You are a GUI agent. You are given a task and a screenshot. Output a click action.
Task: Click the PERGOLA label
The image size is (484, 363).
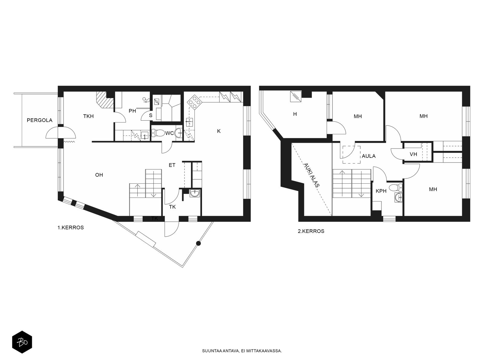tap(39, 120)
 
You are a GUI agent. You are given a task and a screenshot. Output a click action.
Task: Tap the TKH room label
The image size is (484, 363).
tap(88, 116)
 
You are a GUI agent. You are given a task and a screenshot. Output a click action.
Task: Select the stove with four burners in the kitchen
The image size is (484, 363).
tap(194, 102)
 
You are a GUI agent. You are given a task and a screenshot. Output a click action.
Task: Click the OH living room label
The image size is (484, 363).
tap(99, 175)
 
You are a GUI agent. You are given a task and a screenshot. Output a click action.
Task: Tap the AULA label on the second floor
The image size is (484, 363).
tap(369, 156)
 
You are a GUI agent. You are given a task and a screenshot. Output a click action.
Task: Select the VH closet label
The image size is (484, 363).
tap(413, 154)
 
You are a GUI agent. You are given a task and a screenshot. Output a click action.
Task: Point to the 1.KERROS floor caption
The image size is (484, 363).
tap(70, 228)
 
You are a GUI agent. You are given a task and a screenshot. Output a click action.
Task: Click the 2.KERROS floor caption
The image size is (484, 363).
tap(311, 231)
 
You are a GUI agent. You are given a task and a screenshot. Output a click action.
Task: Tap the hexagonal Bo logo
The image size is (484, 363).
tap(22, 342)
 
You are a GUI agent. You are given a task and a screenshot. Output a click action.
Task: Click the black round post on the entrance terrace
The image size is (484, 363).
tap(198, 243)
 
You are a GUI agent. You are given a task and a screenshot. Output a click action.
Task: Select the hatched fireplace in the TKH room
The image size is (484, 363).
tap(105, 100)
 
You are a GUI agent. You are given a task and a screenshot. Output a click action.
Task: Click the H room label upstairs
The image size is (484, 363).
tap(295, 114)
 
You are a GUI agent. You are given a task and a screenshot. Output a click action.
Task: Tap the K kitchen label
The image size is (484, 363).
tap(219, 131)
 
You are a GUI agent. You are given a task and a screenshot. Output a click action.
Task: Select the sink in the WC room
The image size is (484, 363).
tap(178, 133)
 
